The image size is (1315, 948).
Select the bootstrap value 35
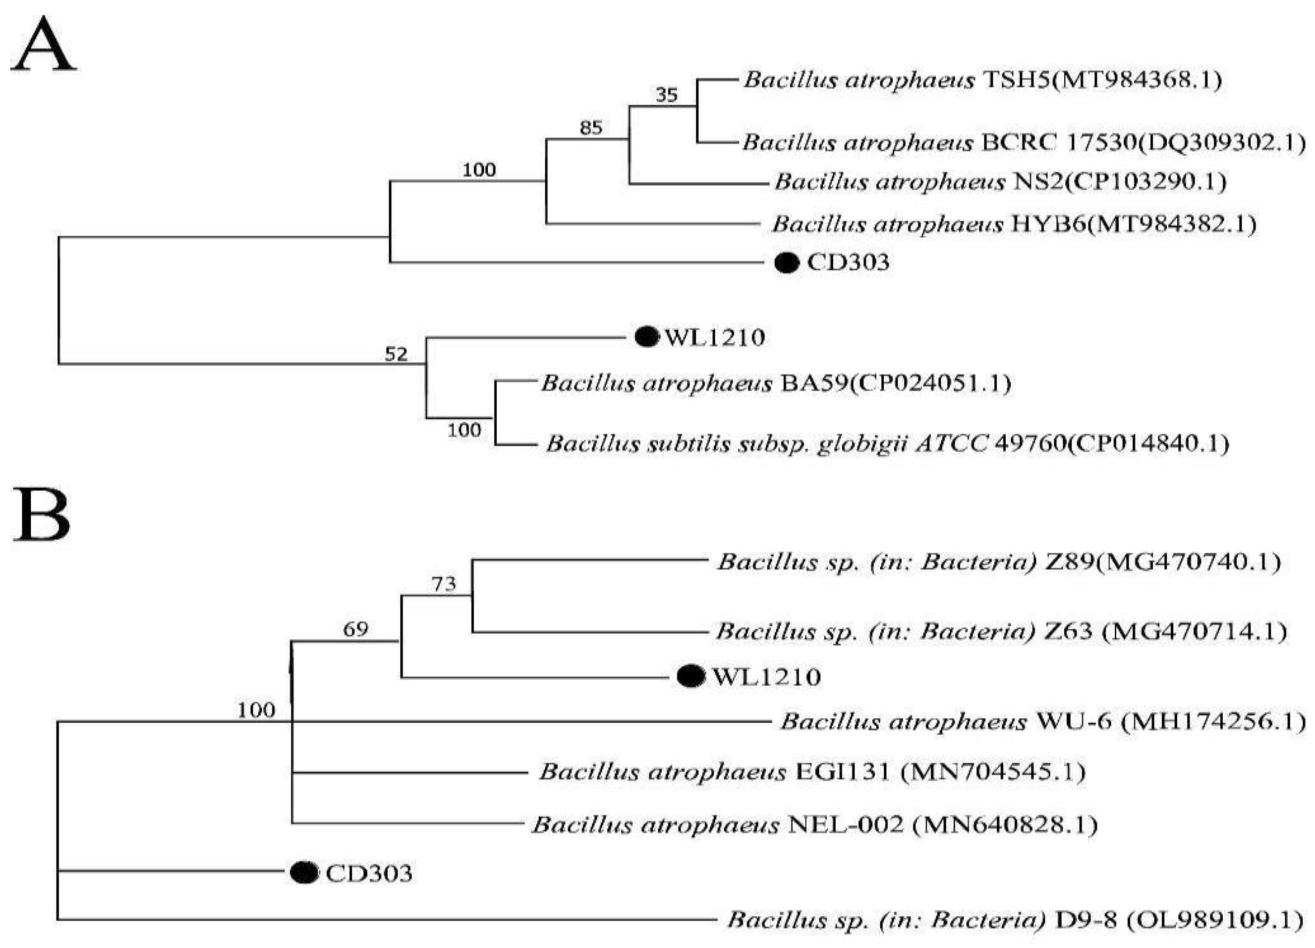pos(667,95)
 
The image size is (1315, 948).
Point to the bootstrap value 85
pos(591,127)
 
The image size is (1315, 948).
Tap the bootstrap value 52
pos(397,354)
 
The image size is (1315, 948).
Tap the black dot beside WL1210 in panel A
pos(647,336)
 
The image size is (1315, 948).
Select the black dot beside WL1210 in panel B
pos(691,677)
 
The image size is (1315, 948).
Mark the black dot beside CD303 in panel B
pos(304,873)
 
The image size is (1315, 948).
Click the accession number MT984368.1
pos(1137,80)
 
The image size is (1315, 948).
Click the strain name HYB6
pos(1044,224)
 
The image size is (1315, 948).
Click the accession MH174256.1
pos(1212,722)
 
